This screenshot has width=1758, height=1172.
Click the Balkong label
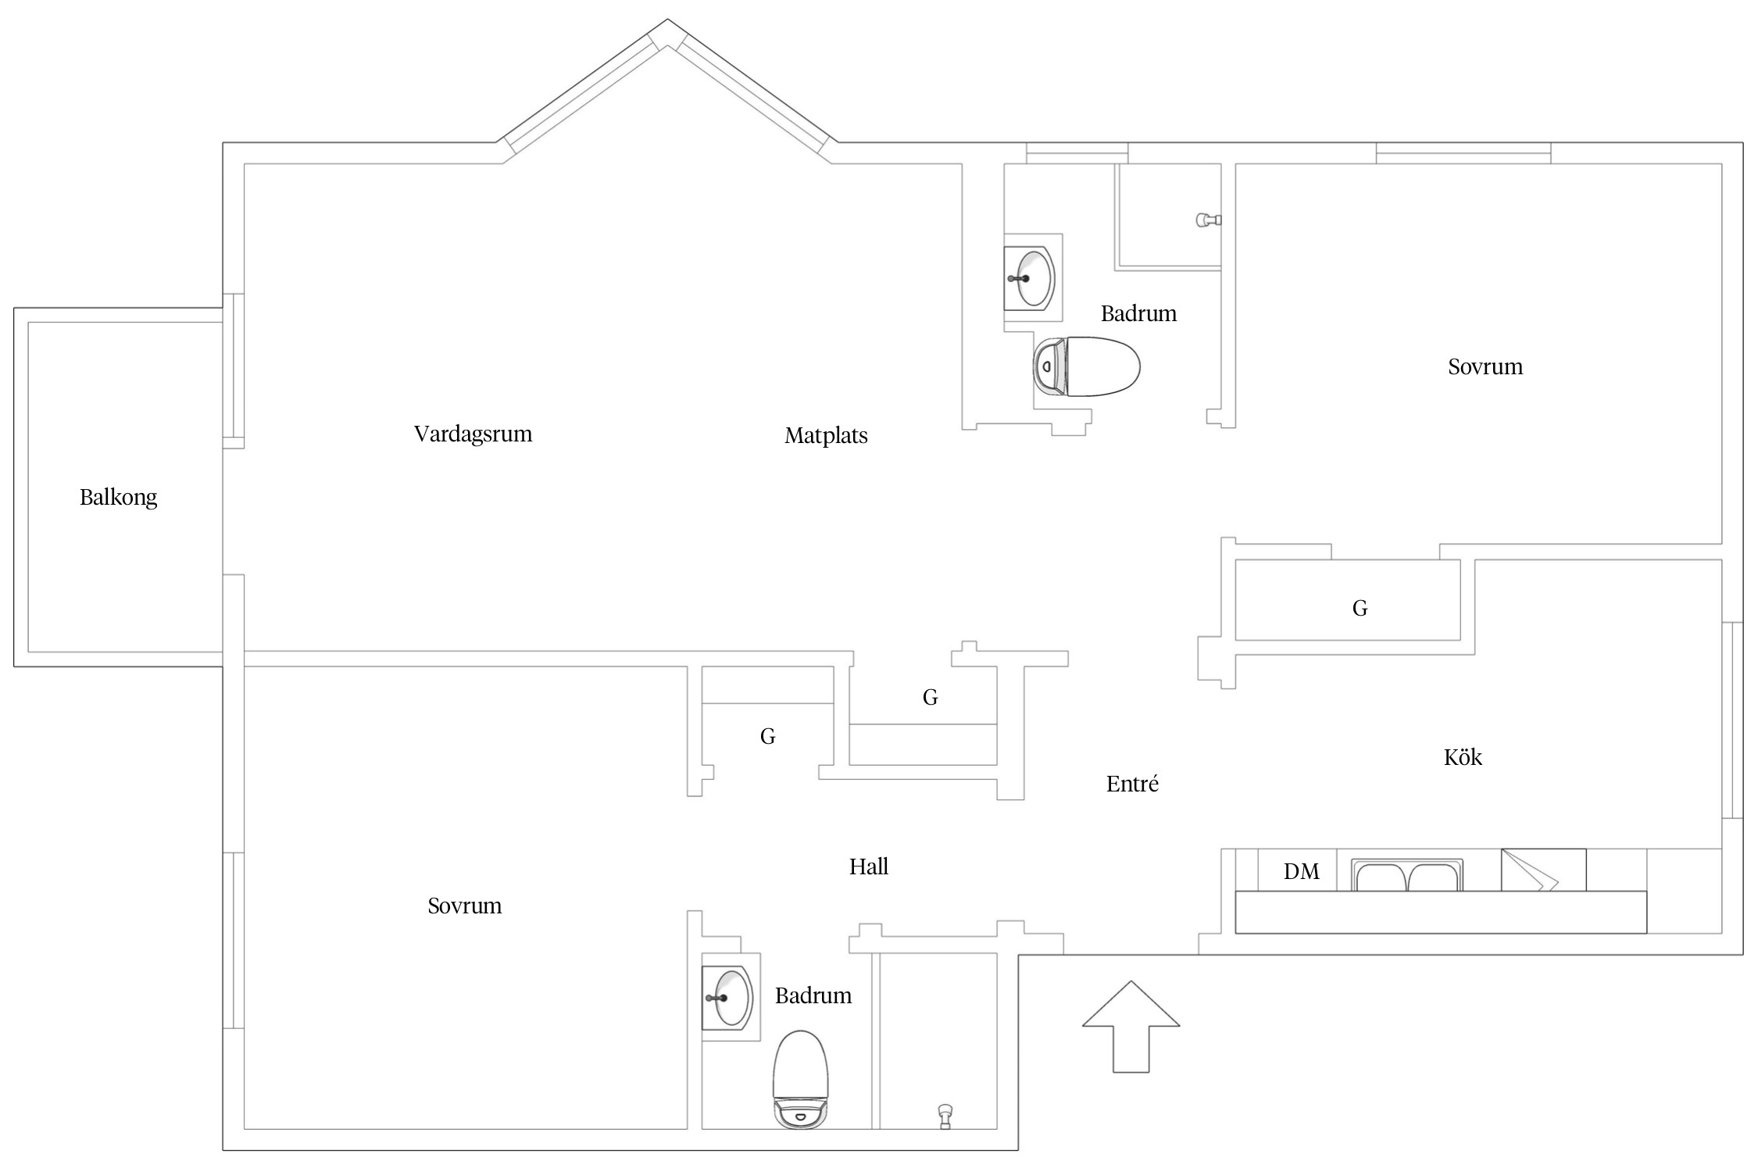coord(119,498)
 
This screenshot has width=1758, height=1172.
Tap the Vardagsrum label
coord(473,434)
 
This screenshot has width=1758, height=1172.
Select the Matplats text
coord(826,436)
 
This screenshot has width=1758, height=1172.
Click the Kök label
coord(1463,757)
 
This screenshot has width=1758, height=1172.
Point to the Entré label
coord(1132,784)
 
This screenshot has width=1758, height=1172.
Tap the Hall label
coord(869,866)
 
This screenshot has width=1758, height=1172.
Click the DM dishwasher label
coord(1301,872)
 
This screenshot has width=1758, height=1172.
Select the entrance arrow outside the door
coord(1131,1027)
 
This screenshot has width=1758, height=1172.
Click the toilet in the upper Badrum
coord(1086,366)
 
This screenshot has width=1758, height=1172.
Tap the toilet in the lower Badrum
coord(800,1080)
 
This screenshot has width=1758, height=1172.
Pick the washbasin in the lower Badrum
coord(727,998)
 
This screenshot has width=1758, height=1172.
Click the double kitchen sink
coord(1407,875)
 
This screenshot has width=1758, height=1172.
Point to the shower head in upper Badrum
coord(1208,220)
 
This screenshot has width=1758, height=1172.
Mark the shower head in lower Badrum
coord(945,1116)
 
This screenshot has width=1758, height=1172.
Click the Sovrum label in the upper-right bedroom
coord(1485,367)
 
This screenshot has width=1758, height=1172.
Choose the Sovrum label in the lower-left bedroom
coord(465,906)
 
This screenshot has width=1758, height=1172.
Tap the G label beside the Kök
coord(1360,608)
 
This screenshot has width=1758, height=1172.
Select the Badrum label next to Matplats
coord(1138,314)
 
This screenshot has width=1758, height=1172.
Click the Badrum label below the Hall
coord(813,996)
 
